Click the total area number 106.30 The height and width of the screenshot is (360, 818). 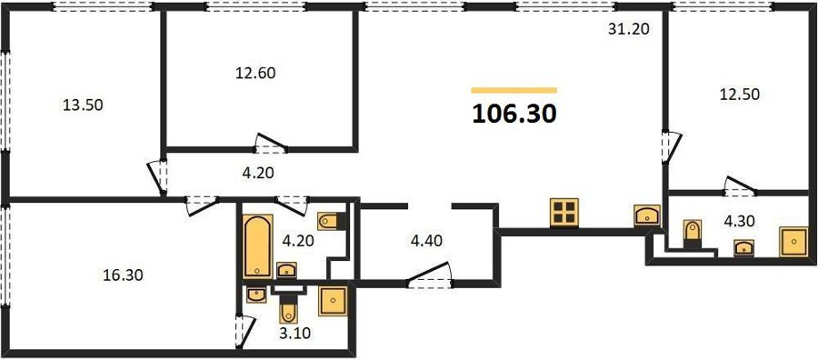[x=514, y=115]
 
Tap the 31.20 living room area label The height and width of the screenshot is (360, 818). [x=629, y=29]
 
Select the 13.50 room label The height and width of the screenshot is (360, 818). [x=83, y=105]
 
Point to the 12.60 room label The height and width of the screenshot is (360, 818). [x=255, y=73]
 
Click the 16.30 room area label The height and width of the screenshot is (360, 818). [x=123, y=275]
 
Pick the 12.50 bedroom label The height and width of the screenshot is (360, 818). [x=739, y=95]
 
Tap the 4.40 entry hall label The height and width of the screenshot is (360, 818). [x=427, y=241]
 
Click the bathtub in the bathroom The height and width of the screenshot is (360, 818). [x=258, y=246]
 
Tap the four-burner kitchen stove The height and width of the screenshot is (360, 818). [x=564, y=213]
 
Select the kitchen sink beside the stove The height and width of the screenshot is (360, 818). [x=647, y=215]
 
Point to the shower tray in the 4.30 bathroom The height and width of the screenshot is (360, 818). [x=793, y=242]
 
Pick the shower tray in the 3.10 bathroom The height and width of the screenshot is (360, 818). [x=333, y=302]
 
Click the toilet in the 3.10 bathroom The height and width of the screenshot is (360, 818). [x=288, y=309]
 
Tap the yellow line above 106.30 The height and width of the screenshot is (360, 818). [x=514, y=90]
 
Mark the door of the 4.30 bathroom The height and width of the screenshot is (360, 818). [x=739, y=185]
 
